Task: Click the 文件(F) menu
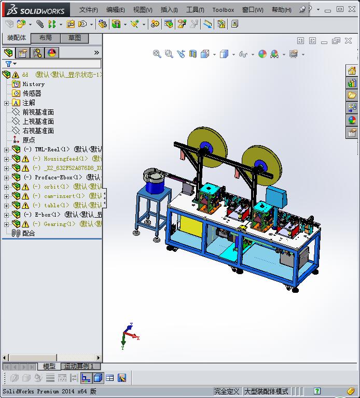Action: point(88,9)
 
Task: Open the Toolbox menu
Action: point(223,9)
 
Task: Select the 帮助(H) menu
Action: point(281,9)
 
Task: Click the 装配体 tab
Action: point(17,38)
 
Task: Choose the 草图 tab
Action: point(75,38)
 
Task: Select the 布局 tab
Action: point(46,38)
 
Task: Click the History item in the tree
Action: point(33,84)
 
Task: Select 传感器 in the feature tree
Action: point(32,93)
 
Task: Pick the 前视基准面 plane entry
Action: point(38,112)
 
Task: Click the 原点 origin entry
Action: point(29,140)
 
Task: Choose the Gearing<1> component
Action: point(57,224)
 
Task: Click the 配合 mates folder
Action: point(29,233)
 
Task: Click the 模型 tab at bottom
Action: point(49,366)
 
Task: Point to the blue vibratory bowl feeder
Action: point(155,179)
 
